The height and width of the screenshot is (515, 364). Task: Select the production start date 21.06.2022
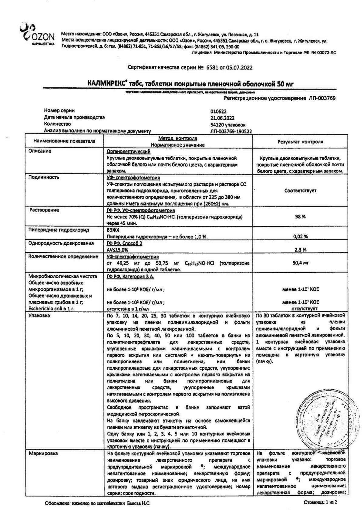coord(222,118)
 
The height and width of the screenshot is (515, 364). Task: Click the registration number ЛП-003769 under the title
coord(321,98)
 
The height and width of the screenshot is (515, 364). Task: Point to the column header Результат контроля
coord(300,142)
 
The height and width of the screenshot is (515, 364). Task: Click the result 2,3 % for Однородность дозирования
coord(300,249)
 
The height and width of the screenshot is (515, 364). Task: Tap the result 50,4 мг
coord(300,263)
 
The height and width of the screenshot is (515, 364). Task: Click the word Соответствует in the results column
coord(300,191)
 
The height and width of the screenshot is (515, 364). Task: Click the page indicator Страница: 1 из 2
coord(320,502)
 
